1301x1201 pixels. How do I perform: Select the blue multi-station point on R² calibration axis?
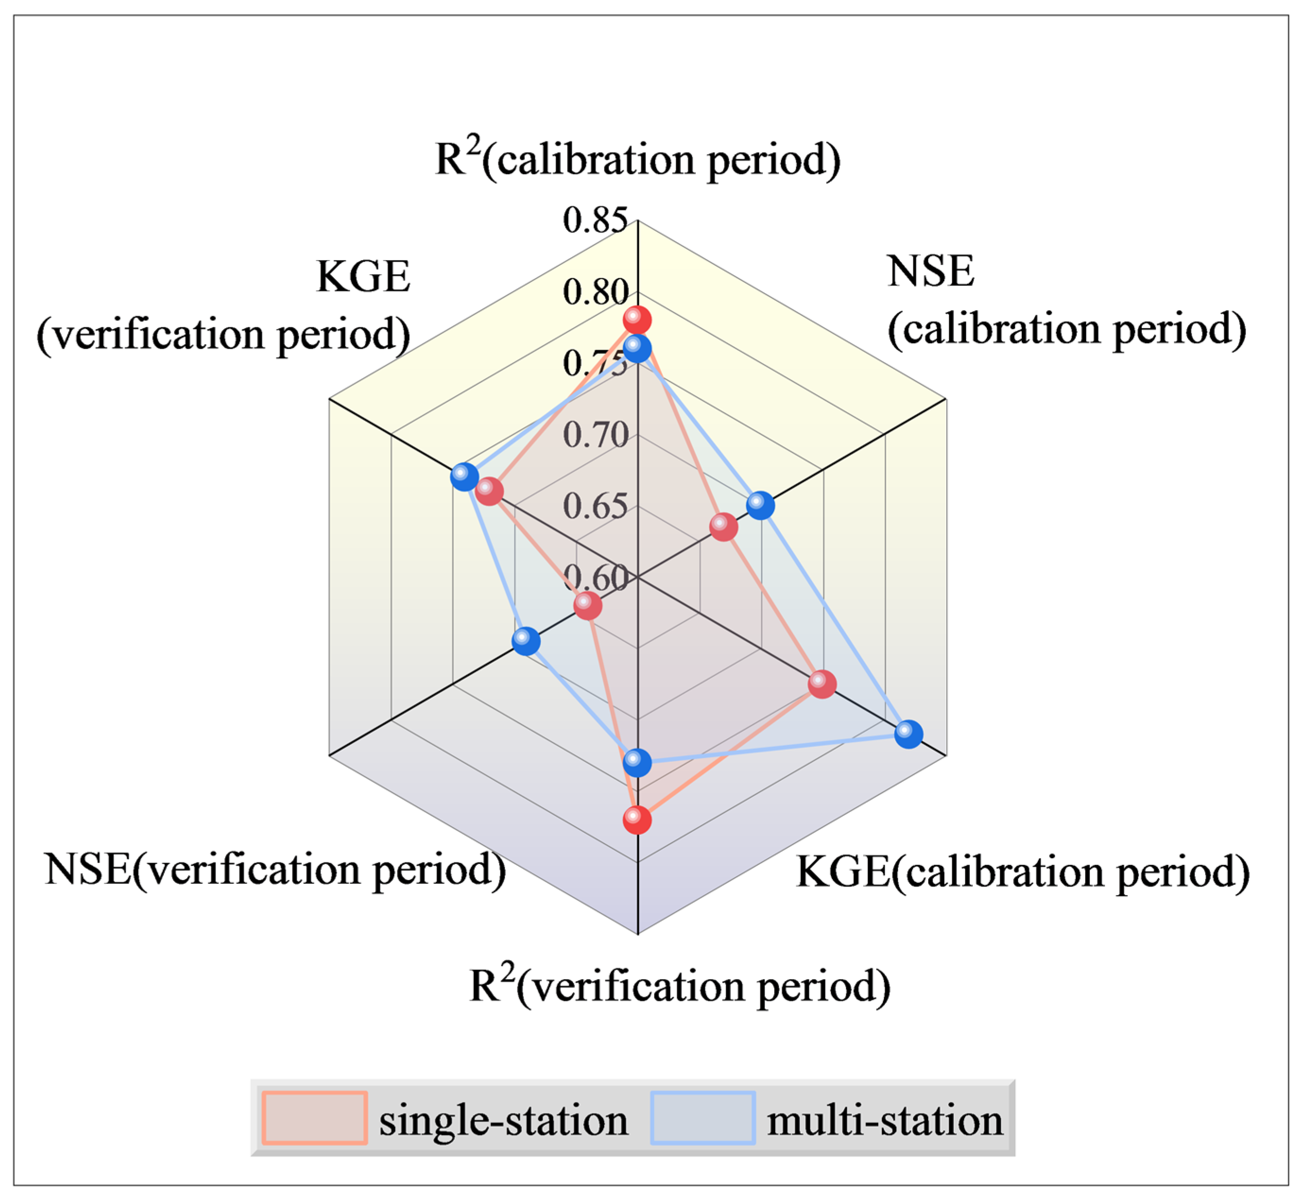coord(637,349)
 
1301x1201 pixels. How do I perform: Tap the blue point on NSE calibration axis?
coord(760,505)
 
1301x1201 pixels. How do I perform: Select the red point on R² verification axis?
coord(637,820)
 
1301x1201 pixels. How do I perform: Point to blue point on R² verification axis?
coord(637,762)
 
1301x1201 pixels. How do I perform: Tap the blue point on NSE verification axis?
coord(526,642)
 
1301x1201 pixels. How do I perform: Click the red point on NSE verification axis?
coord(588,606)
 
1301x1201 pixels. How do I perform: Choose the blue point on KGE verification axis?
coord(464,476)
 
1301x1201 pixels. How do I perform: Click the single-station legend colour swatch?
coord(315,1117)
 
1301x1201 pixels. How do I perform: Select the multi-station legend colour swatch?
coord(703,1117)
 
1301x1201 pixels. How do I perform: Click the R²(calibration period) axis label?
coord(637,159)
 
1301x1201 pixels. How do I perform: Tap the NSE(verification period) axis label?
coord(275,869)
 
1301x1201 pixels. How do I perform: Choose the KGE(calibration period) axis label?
coord(1023,871)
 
